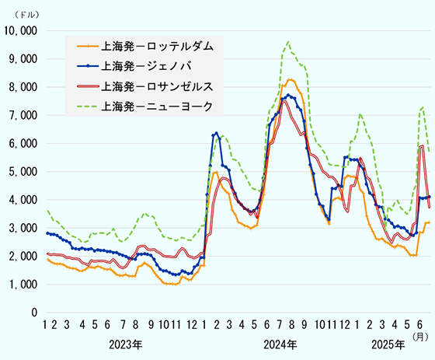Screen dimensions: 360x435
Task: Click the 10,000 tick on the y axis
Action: click(x=21, y=30)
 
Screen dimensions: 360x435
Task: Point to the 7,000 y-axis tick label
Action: click(x=23, y=115)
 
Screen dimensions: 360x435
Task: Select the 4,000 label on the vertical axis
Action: click(x=23, y=200)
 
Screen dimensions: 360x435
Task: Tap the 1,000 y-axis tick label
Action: click(x=23, y=285)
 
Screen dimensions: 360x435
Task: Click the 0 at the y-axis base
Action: click(x=35, y=313)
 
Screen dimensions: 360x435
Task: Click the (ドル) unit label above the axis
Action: click(x=21, y=14)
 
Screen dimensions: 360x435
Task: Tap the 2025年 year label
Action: click(x=386, y=344)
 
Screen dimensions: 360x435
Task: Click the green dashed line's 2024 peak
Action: click(x=288, y=41)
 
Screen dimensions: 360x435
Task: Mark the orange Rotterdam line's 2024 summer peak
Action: click(x=290, y=79)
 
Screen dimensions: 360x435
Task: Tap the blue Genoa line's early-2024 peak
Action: click(x=216, y=133)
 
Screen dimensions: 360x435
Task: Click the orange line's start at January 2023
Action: click(x=47, y=260)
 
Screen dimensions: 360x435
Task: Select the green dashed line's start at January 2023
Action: click(x=47, y=210)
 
